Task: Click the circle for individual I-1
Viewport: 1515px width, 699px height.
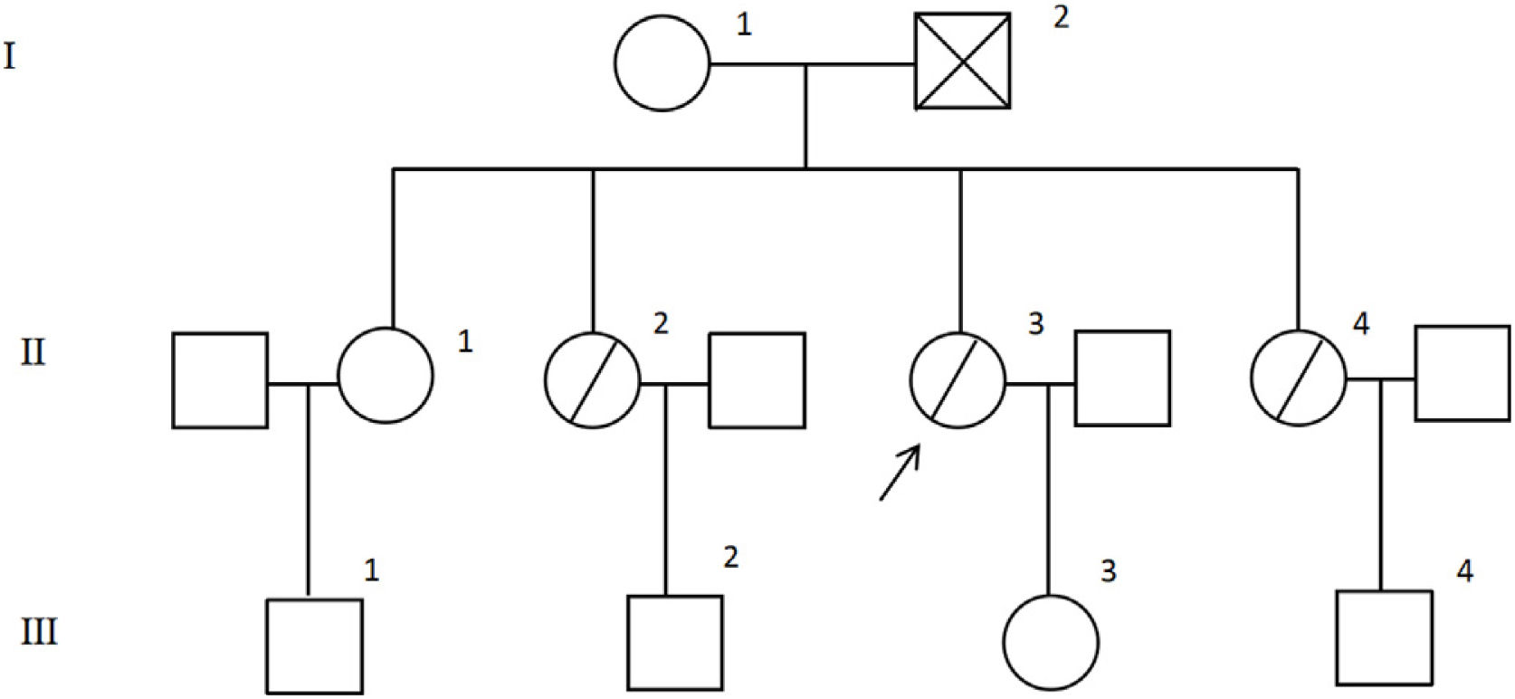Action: [x=662, y=63]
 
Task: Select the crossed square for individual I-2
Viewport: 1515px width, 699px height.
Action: [x=962, y=62]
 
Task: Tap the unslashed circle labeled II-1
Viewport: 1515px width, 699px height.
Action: [x=386, y=374]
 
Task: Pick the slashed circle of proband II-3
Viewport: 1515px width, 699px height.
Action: [x=958, y=379]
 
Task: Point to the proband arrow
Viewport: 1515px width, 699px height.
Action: [x=900, y=472]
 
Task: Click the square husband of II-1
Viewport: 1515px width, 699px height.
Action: [x=220, y=380]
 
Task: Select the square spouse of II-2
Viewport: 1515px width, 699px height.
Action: [x=757, y=380]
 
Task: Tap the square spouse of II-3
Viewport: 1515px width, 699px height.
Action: [x=1122, y=378]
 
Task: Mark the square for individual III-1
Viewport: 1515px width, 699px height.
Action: [x=314, y=646]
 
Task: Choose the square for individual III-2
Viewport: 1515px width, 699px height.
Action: [x=675, y=642]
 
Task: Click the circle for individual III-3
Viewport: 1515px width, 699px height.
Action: [x=1051, y=642]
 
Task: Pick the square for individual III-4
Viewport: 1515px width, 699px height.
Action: [x=1384, y=637]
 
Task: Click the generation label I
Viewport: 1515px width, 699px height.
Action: [x=10, y=57]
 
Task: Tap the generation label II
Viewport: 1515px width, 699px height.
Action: [x=33, y=351]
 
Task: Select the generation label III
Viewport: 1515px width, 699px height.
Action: [x=39, y=631]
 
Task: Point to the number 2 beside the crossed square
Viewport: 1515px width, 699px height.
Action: [x=1061, y=16]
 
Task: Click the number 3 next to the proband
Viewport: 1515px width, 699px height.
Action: [x=1036, y=323]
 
